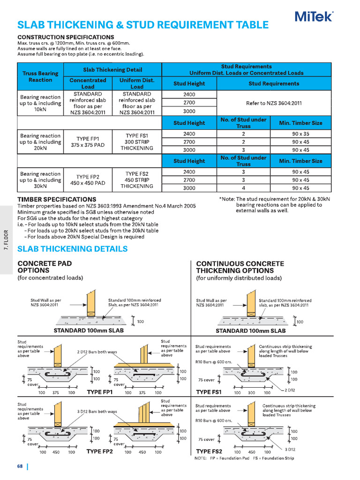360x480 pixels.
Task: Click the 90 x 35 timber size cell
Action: point(300,134)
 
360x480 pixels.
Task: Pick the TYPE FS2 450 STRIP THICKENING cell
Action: point(137,180)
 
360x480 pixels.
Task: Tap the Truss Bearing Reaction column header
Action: point(40,76)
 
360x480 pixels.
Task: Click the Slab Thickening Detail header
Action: point(112,69)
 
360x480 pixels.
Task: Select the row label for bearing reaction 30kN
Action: point(40,180)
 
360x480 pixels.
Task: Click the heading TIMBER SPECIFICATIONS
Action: point(57,199)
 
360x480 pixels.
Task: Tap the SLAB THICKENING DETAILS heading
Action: point(72,249)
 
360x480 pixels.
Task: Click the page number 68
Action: point(20,466)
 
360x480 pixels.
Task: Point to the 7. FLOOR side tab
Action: point(7,240)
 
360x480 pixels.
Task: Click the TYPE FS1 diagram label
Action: point(209,392)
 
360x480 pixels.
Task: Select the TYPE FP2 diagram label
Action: point(99,451)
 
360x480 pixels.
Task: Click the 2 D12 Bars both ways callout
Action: point(97,352)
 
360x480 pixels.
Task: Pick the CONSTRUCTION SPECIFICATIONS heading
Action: point(66,37)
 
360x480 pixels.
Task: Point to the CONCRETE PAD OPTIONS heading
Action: point(45,267)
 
